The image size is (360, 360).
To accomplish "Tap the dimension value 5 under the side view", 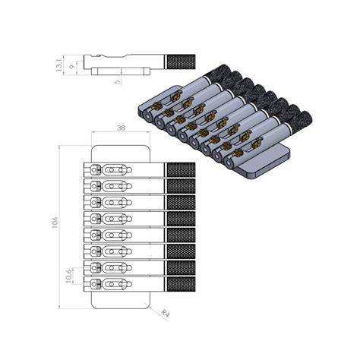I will tap(118, 81).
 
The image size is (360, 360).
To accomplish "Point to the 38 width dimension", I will tap(121, 129).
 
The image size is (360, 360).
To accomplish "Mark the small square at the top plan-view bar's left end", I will tap(95, 169).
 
